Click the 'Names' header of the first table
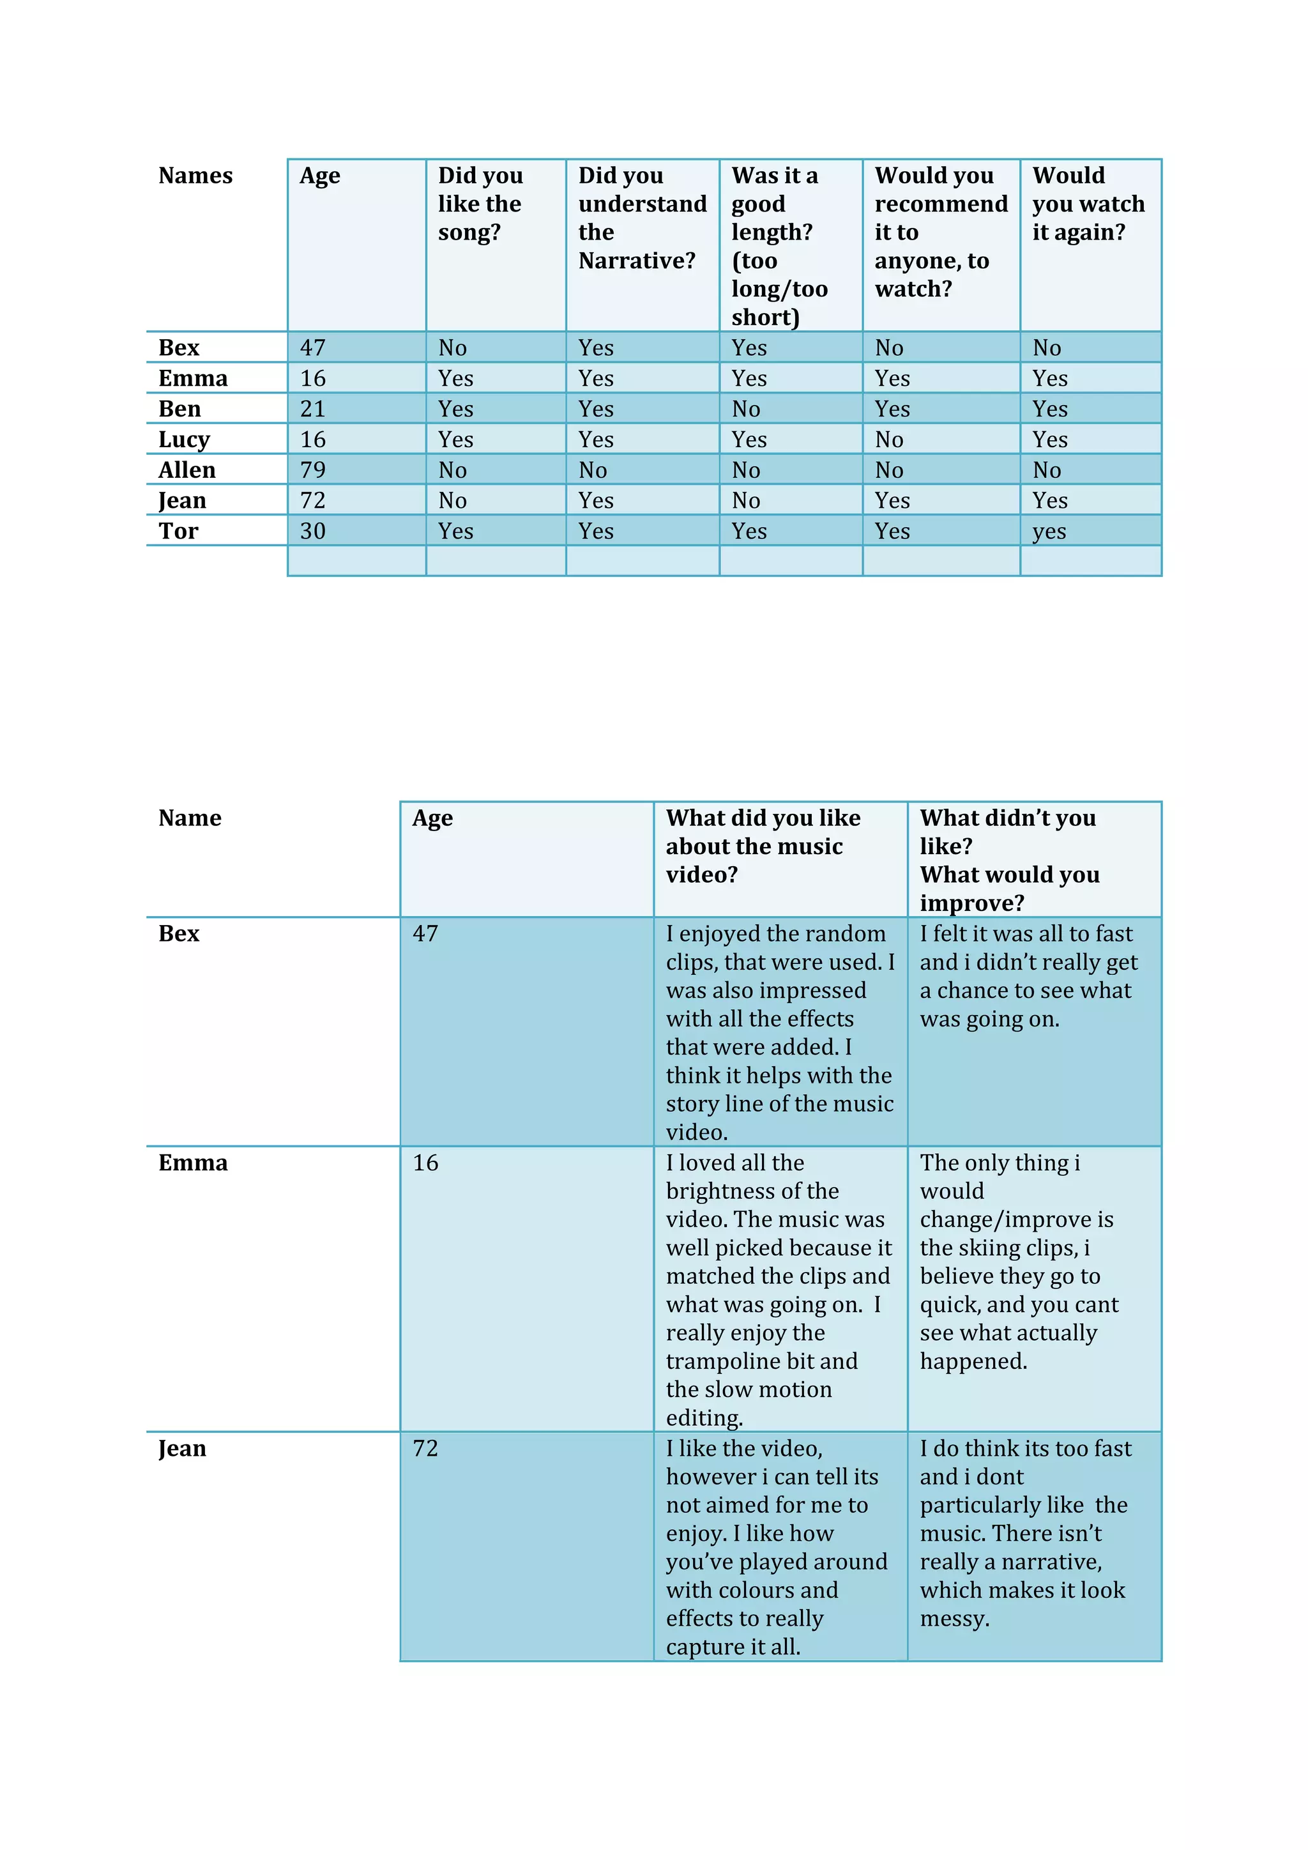coord(195,176)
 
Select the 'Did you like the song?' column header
coord(480,204)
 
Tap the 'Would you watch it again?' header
coord(1087,204)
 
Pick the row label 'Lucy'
coord(184,440)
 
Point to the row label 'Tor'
coord(178,531)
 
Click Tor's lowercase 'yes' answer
coord(1049,531)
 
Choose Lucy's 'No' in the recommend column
coord(888,440)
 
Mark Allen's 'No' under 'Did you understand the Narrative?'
coord(592,470)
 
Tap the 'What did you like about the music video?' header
coord(762,846)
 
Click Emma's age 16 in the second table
coord(425,1163)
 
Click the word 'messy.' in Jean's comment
coord(954,1618)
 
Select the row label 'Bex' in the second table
coord(179,933)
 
